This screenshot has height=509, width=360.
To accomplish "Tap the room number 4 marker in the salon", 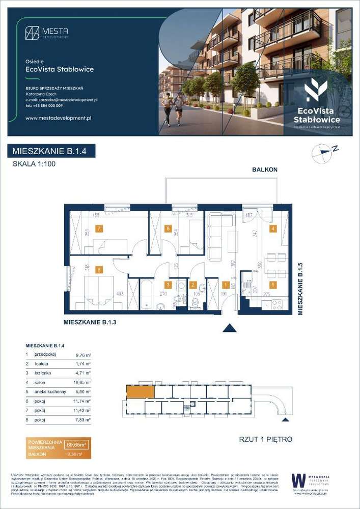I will click(x=273, y=229).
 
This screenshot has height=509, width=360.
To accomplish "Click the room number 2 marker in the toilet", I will click(x=192, y=286).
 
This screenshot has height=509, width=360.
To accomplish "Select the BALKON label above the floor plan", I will click(x=265, y=169).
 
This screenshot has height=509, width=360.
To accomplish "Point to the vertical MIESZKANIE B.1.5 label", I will click(x=300, y=289).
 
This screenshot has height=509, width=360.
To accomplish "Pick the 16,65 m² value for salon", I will click(x=82, y=382).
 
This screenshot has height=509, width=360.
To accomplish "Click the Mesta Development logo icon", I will click(x=32, y=33).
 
